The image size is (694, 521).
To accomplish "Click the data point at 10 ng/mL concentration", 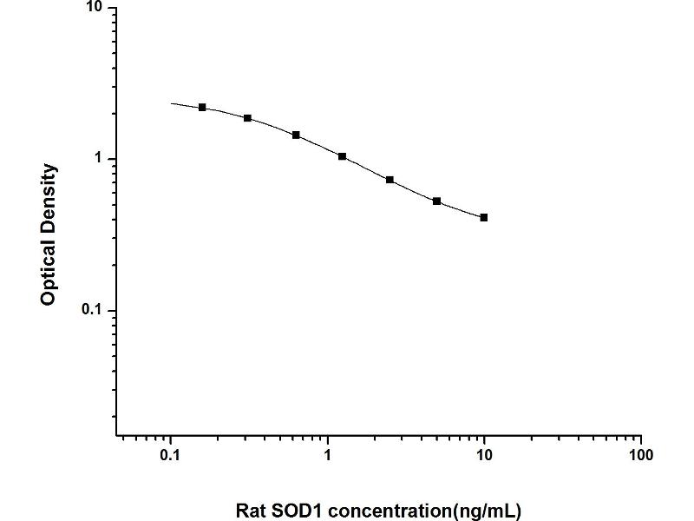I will point(484,218).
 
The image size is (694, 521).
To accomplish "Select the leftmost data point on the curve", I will point(202,107).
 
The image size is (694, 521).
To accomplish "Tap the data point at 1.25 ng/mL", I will point(343,156).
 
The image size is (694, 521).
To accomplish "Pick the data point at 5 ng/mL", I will point(437,201).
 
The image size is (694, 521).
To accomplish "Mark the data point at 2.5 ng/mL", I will point(390,180).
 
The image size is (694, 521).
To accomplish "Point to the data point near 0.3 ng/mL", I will point(248,118).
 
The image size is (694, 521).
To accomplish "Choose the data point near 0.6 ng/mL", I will point(296,135).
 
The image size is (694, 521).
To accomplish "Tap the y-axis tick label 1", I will point(98,159).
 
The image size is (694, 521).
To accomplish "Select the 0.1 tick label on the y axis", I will point(90,310).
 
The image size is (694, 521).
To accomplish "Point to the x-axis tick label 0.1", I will point(171,455).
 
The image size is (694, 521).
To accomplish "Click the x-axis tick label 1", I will point(328,455).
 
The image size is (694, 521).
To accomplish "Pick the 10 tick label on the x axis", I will point(484,455).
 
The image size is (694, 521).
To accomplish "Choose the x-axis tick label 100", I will point(640,455).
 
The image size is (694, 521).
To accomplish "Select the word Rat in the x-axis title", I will point(252,509).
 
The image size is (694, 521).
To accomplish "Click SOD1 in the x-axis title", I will point(298,509).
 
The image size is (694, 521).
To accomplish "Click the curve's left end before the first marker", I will point(173,103).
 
